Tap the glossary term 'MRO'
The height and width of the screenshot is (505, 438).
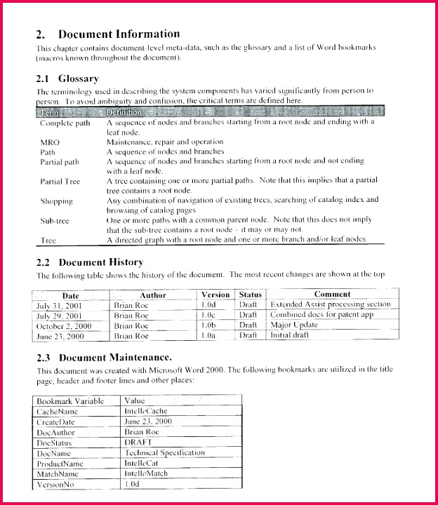tap(50, 142)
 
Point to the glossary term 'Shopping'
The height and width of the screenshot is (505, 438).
tap(57, 201)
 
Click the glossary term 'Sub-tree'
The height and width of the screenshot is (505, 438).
tap(55, 221)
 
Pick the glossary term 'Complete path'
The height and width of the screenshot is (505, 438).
tap(65, 122)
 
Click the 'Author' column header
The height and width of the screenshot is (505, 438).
tap(152, 295)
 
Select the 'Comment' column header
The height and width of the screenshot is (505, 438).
tap(332, 295)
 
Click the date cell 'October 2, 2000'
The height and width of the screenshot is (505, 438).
tap(65, 325)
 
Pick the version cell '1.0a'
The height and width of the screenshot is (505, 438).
tap(208, 336)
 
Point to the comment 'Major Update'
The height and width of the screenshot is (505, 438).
tap(294, 325)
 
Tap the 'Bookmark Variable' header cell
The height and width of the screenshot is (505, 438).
tap(70, 401)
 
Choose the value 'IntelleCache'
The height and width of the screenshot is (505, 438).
tap(146, 412)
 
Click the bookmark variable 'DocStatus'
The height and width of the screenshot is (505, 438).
tap(55, 443)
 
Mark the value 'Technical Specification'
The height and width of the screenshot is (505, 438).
tap(164, 453)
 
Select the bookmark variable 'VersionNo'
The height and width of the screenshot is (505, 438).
tap(56, 485)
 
